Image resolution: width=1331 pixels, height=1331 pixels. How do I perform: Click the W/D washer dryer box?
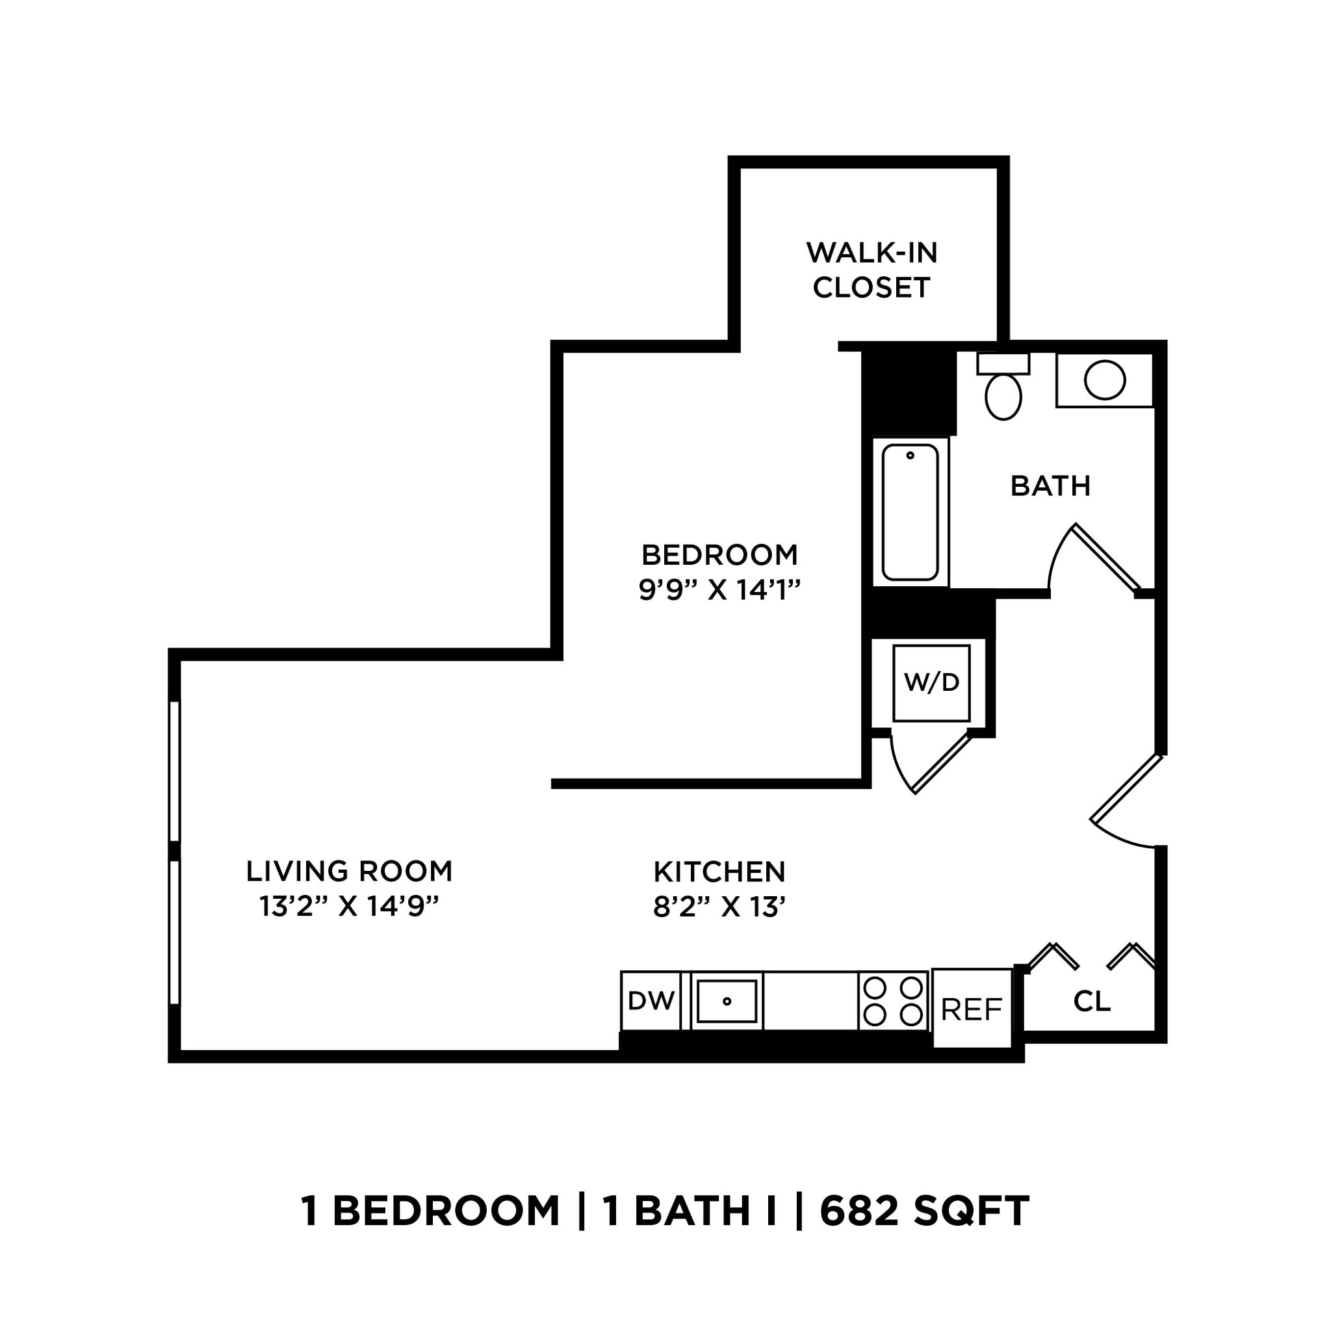pos(931,684)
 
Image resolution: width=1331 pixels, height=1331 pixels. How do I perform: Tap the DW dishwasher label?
pos(651,1000)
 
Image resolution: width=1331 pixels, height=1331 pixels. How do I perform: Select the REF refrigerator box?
pos(972,1009)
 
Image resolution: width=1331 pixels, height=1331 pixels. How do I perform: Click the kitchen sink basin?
pos(727,1001)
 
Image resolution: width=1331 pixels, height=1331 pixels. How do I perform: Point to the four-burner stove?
pos(893,1001)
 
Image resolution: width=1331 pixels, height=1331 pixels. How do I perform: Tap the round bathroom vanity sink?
pos(1104,380)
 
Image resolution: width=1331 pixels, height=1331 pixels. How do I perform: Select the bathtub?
pos(910,513)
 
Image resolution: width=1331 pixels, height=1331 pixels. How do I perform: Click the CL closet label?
pos(1092,1001)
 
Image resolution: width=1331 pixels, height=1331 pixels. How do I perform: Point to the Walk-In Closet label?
pos(872,270)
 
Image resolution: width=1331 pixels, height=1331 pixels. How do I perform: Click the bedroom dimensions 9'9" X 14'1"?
pos(719,589)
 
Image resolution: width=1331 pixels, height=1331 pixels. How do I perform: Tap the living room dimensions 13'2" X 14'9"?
pos(348,907)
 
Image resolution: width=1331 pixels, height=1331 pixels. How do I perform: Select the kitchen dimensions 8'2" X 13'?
pos(719,907)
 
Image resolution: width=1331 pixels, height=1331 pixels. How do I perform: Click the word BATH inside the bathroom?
pos(1050,486)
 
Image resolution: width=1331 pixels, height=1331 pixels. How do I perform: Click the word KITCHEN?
pos(719,872)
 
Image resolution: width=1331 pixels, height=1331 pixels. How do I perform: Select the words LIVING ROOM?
pos(348,872)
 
